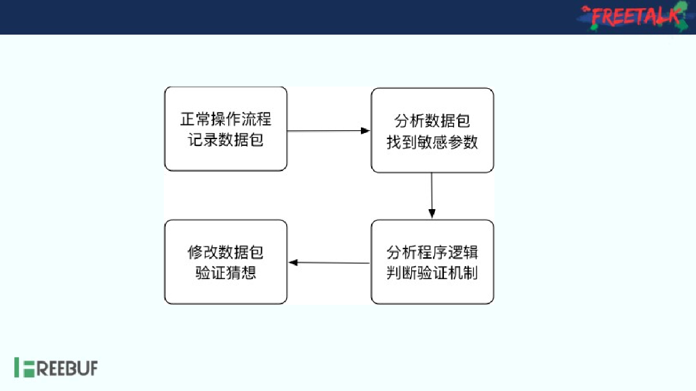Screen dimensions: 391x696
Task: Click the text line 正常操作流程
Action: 226,119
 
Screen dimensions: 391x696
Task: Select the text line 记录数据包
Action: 226,141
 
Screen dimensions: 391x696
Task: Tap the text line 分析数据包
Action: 432,121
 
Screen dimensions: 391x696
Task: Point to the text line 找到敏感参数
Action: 432,143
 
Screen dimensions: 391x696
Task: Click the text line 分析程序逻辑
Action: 432,253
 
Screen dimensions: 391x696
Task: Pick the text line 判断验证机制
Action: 432,274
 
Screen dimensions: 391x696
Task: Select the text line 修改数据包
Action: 226,253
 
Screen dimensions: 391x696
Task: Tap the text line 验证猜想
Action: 226,274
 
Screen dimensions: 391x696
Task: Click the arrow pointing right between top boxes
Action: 328,130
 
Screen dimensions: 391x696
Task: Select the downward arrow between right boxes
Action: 432,195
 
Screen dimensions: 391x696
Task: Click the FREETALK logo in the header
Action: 632,17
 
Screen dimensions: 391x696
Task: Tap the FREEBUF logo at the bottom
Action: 56,368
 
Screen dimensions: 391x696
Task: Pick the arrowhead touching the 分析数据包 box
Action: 366,130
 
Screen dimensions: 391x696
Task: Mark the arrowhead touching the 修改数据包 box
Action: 292,263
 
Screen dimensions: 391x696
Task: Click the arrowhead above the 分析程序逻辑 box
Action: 432,215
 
